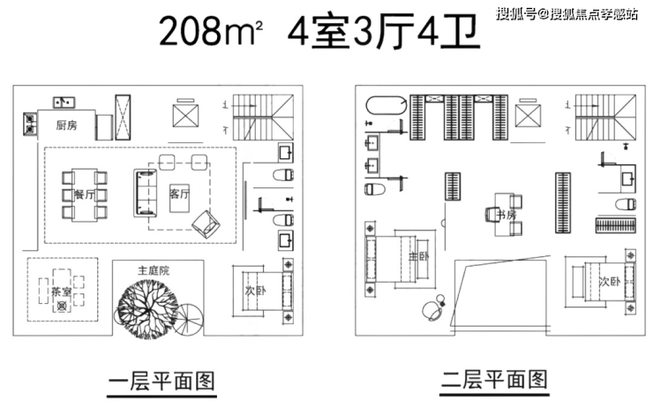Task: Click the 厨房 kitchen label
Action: click(x=67, y=125)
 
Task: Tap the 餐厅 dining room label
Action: click(x=85, y=194)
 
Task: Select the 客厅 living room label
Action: click(x=179, y=193)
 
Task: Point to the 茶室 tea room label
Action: click(x=62, y=292)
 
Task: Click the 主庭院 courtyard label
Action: click(x=154, y=270)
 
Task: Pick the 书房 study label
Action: click(x=507, y=216)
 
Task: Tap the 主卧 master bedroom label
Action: click(x=418, y=256)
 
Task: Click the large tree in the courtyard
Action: click(x=148, y=307)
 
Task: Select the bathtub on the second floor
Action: click(x=386, y=104)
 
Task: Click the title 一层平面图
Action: click(x=161, y=382)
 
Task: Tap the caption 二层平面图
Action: click(x=495, y=380)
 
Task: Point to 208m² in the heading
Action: click(x=211, y=31)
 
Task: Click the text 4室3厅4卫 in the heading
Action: click(x=384, y=31)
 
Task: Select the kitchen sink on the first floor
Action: click(x=64, y=102)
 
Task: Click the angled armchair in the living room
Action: click(x=206, y=223)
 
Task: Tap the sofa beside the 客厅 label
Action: click(x=146, y=193)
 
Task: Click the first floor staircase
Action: click(x=263, y=117)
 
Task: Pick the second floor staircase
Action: click(x=605, y=117)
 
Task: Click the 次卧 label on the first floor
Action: click(x=255, y=291)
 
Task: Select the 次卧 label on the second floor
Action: click(x=610, y=282)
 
